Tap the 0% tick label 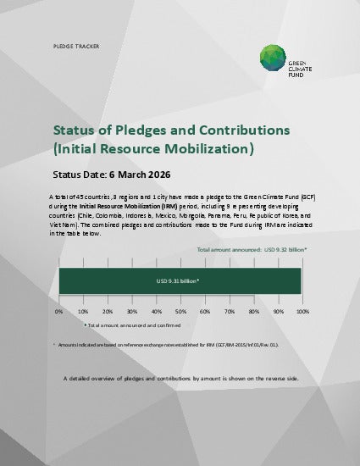click(x=59, y=312)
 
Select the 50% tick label click(x=180, y=312)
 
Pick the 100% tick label click(x=302, y=312)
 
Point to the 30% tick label click(x=131, y=312)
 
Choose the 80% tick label click(x=253, y=312)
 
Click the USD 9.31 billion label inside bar click(x=178, y=280)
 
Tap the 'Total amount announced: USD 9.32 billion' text click(x=252, y=251)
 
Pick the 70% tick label click(x=229, y=312)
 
